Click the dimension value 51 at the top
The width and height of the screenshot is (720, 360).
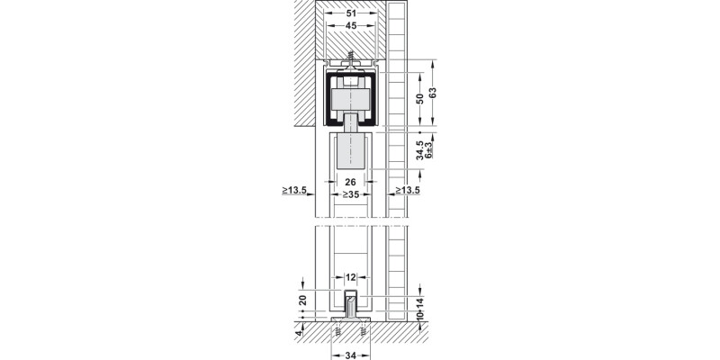pyautogui.click(x=351, y=13)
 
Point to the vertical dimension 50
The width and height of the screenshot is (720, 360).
pyautogui.click(x=419, y=99)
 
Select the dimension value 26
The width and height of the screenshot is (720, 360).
pyautogui.click(x=350, y=182)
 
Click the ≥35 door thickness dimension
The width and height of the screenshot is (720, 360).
pyautogui.click(x=350, y=193)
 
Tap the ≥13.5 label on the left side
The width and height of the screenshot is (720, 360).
pyautogui.click(x=294, y=191)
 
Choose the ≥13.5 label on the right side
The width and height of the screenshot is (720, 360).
pyautogui.click(x=406, y=191)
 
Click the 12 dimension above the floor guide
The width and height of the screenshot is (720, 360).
pyautogui.click(x=351, y=278)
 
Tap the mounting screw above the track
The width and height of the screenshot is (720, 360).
pyautogui.click(x=350, y=57)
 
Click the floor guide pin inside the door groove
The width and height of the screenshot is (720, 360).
pyautogui.click(x=351, y=301)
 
